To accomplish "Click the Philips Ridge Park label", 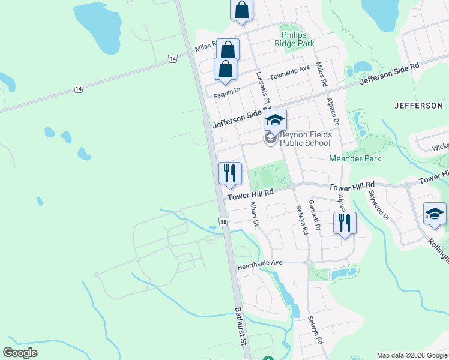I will point(294,39).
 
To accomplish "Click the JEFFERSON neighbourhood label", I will point(418,106).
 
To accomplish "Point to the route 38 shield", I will point(223,222).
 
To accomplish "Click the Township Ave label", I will point(290,73).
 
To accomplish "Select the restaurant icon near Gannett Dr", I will point(344,223).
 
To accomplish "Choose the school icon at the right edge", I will point(435,214).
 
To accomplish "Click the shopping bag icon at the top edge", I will point(241,10).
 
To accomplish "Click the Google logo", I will point(20,353).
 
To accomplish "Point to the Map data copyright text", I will point(411,355).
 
